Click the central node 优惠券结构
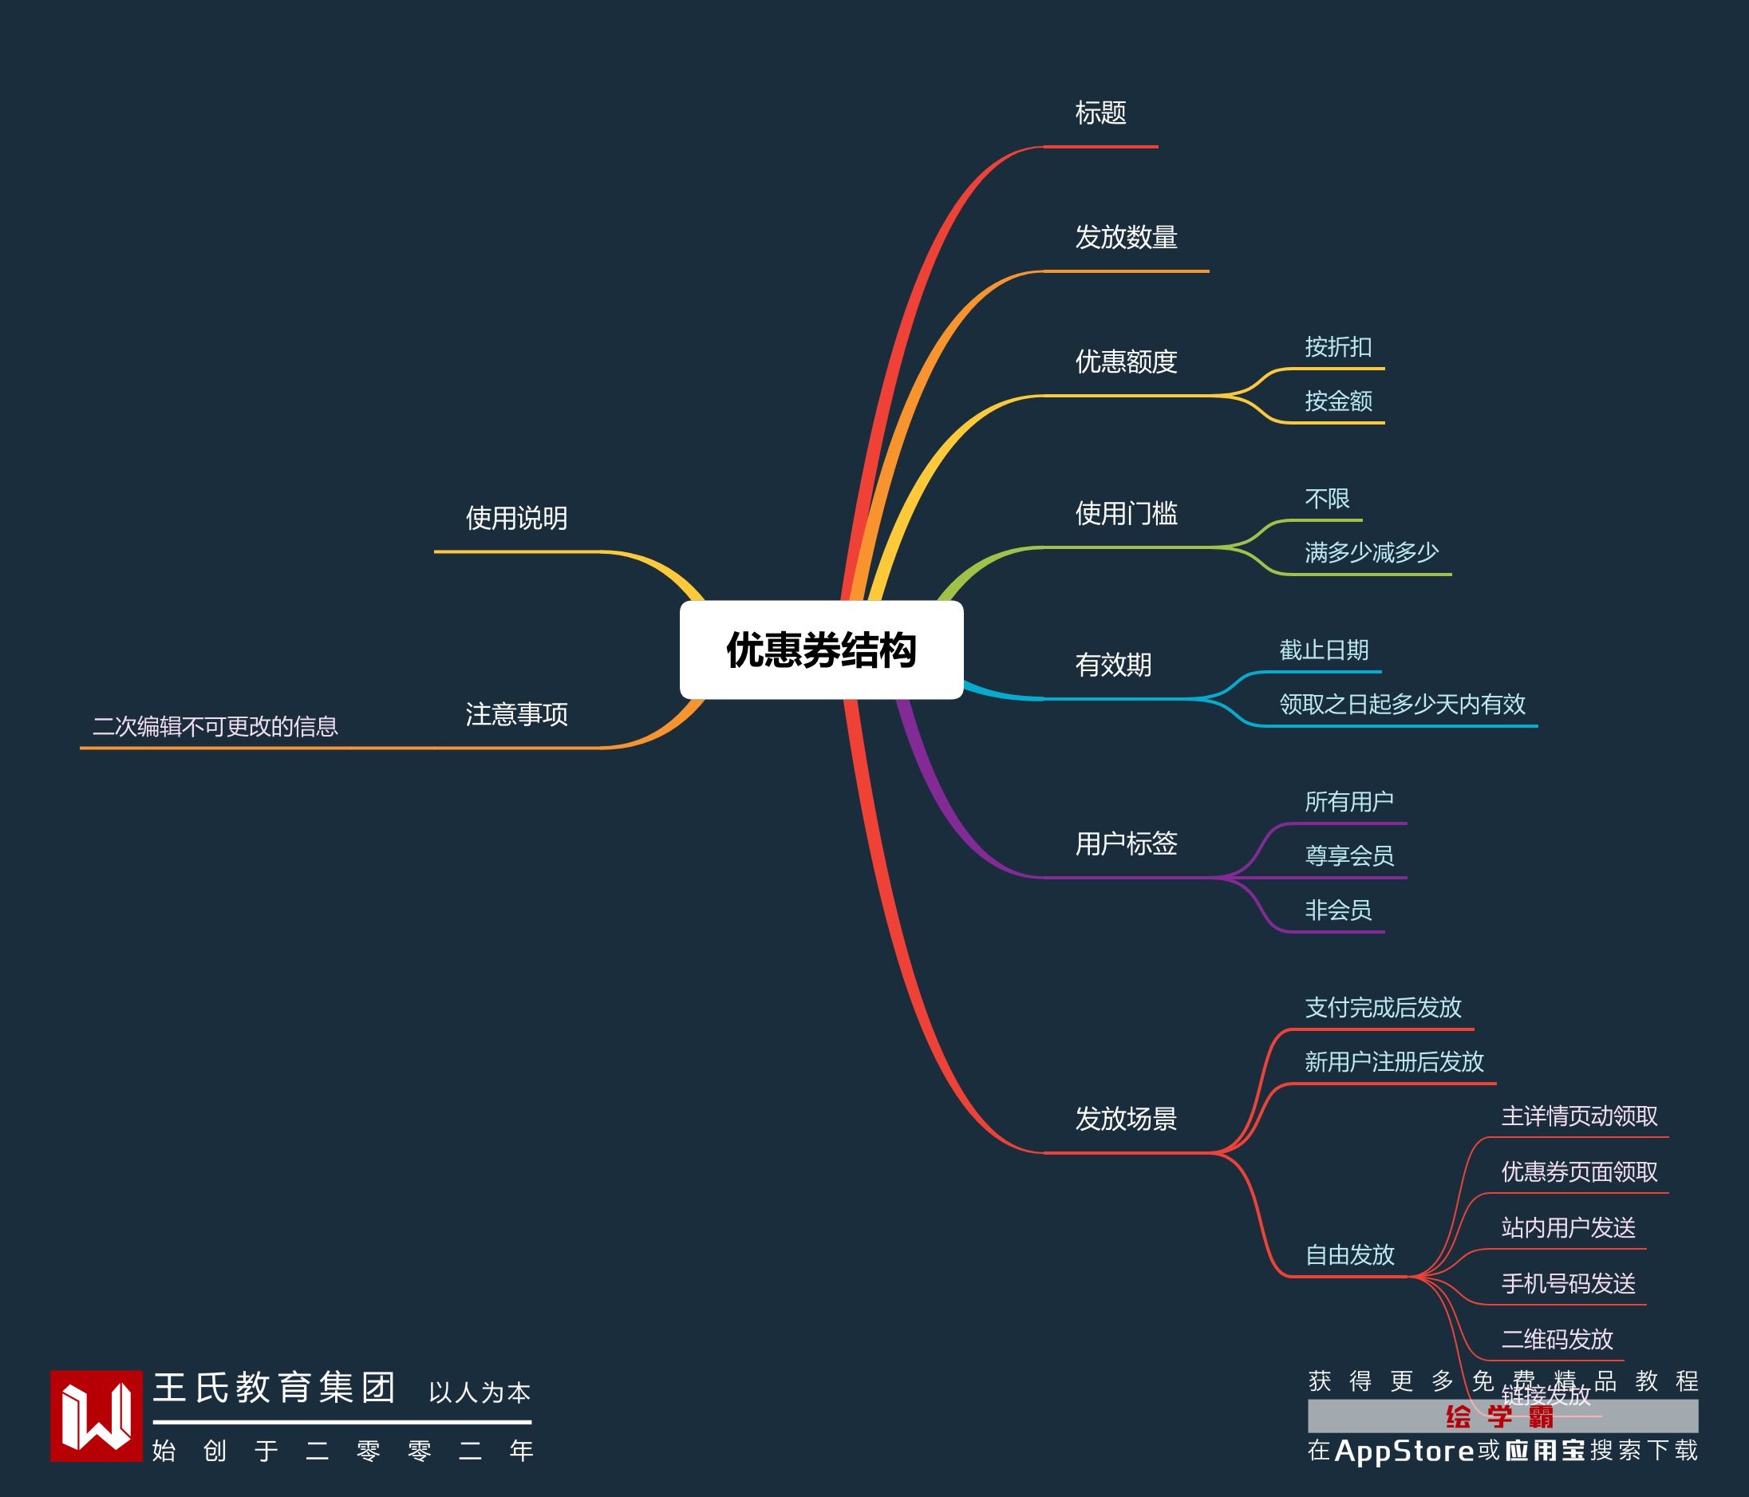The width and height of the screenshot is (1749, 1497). point(820,650)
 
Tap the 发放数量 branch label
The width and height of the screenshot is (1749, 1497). point(1126,237)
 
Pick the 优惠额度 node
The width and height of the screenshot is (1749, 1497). point(1126,361)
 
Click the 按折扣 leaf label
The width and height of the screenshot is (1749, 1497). point(1338,347)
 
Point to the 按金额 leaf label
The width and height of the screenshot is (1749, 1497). point(1338,401)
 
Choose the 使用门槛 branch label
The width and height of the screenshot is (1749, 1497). point(1126,513)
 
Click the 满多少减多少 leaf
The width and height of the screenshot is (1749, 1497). point(1372,552)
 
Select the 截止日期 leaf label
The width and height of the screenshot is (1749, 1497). point(1324,650)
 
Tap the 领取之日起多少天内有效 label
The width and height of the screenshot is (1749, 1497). point(1402,704)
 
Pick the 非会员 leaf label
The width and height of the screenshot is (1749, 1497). point(1338,910)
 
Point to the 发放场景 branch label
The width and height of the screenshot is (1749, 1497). point(1126,1119)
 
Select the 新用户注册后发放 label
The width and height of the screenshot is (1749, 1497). point(1394,1062)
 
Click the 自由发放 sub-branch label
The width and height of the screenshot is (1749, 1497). point(1349,1254)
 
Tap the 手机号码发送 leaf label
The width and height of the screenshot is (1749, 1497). point(1569,1283)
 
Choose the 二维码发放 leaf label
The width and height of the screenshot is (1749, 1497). point(1558,1339)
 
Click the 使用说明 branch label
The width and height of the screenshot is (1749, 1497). point(516,519)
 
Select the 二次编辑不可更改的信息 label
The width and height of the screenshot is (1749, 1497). point(215,726)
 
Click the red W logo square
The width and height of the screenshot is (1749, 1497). point(97,1416)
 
